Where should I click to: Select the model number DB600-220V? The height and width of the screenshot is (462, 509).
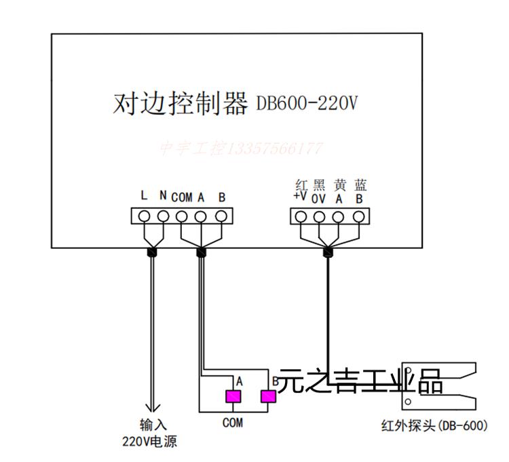pyautogui.click(x=306, y=104)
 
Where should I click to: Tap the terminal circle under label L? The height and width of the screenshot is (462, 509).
pyautogui.click(x=144, y=216)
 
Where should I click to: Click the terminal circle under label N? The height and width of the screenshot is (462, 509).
pyautogui.click(x=163, y=216)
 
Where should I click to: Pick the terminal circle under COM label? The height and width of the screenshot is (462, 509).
pyautogui.click(x=182, y=216)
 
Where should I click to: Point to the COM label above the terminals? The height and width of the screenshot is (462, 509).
pyautogui.click(x=181, y=197)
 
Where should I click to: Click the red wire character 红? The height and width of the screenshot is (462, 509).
pyautogui.click(x=302, y=185)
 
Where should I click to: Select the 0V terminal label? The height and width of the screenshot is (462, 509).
pyautogui.click(x=319, y=199)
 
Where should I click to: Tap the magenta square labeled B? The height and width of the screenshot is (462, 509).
pyautogui.click(x=269, y=396)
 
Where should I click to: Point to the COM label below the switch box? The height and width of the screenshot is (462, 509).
pyautogui.click(x=232, y=423)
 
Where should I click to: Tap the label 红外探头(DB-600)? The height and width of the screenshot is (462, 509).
pyautogui.click(x=434, y=426)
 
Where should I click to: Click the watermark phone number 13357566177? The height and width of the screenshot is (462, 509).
pyautogui.click(x=274, y=148)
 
